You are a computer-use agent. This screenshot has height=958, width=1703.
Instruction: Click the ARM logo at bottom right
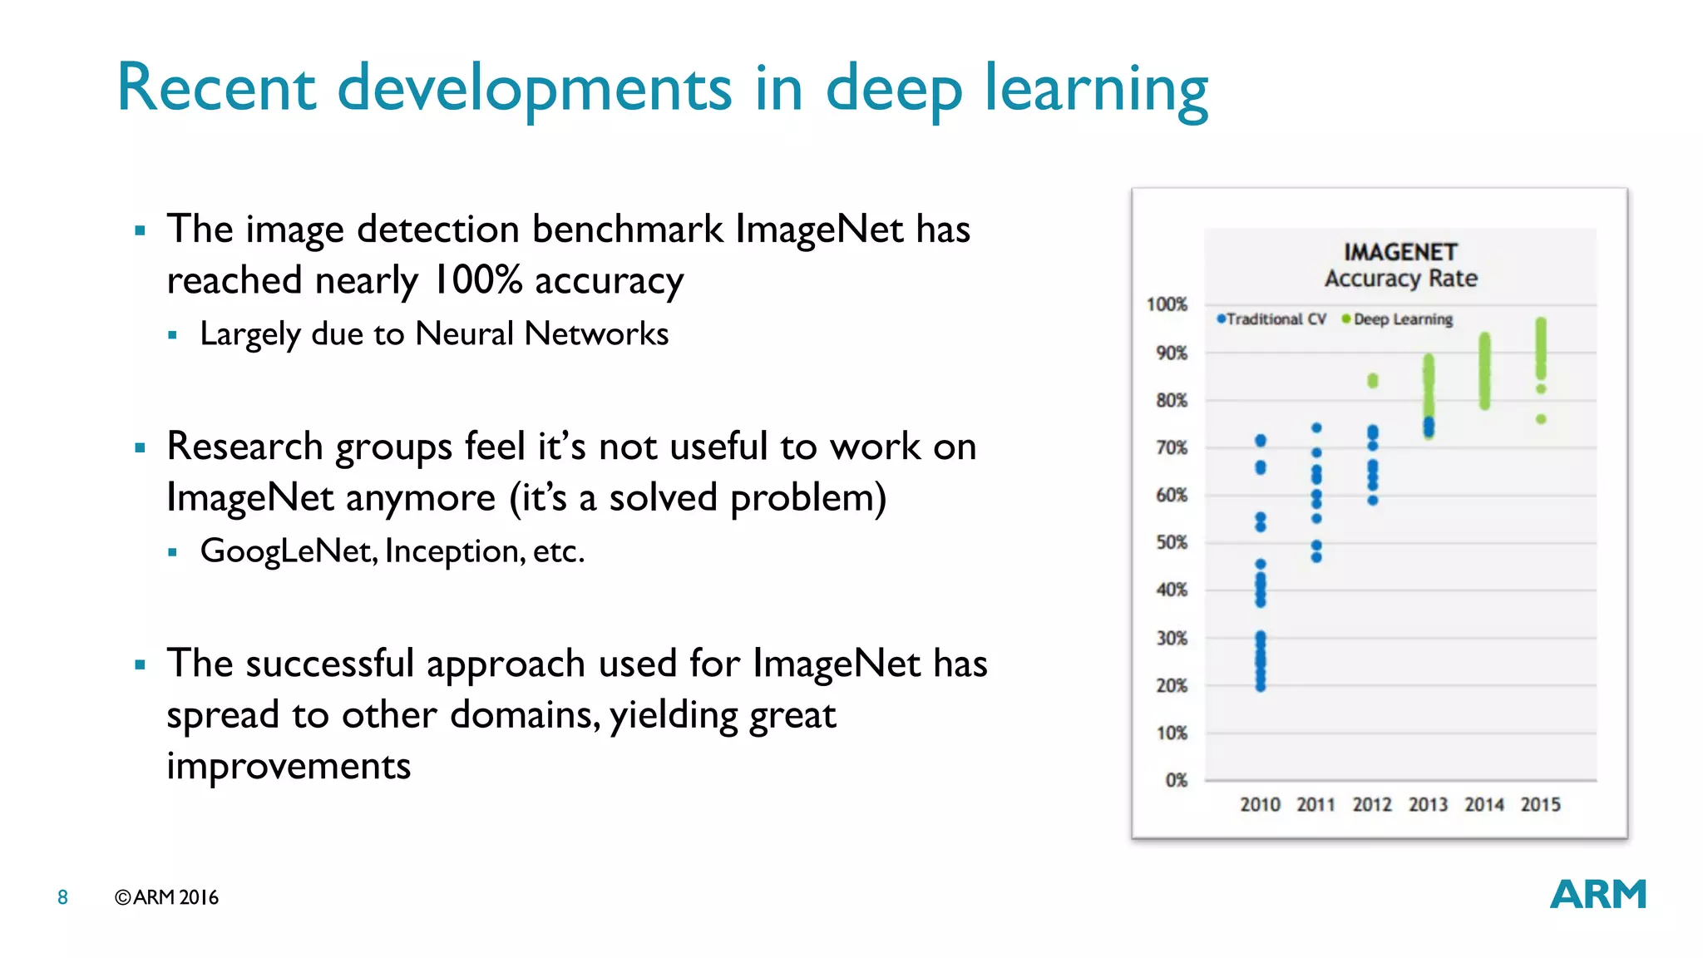(x=1597, y=895)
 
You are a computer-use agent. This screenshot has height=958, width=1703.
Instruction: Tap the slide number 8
(x=62, y=897)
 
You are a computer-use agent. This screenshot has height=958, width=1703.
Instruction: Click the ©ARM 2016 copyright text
(x=166, y=897)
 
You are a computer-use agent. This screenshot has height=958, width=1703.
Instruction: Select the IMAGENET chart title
(x=1400, y=252)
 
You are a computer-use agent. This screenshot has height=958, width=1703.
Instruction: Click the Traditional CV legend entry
(x=1271, y=319)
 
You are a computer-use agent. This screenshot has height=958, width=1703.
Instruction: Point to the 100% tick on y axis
(x=1167, y=304)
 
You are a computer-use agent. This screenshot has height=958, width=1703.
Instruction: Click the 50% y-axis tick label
(x=1171, y=542)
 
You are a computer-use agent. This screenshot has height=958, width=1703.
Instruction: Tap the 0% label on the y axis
(x=1176, y=780)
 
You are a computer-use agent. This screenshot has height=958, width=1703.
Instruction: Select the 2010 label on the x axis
(x=1260, y=804)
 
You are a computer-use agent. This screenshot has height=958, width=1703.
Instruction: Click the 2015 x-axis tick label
(x=1540, y=804)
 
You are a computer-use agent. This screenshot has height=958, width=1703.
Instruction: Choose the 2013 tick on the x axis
(x=1428, y=804)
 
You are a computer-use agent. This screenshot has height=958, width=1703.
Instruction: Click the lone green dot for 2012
(x=1373, y=381)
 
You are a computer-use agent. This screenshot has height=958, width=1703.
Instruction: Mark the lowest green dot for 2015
(x=1541, y=419)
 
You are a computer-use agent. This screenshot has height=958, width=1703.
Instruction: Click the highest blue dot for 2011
(x=1316, y=428)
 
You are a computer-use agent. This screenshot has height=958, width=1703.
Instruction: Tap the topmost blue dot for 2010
(x=1261, y=440)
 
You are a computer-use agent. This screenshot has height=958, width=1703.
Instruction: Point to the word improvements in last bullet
(x=289, y=766)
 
